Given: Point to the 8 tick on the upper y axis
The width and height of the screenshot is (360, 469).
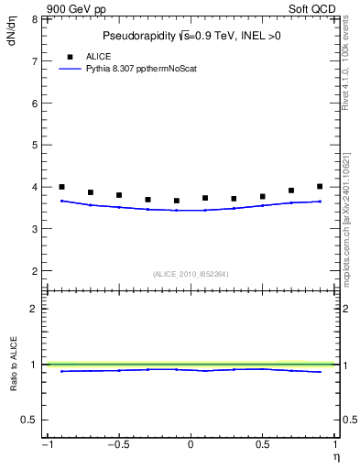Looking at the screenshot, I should pyautogui.click(x=35, y=19).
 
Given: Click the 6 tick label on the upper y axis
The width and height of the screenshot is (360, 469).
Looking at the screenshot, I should pyautogui.click(x=35, y=104).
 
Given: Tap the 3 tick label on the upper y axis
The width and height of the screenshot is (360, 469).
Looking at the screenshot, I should pyautogui.click(x=35, y=229).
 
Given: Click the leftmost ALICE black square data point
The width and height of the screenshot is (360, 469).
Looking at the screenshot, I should pyautogui.click(x=61, y=187).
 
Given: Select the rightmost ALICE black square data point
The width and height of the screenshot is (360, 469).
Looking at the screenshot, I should pyautogui.click(x=320, y=187).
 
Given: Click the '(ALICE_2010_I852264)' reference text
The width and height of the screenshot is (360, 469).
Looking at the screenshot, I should pyautogui.click(x=191, y=274).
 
